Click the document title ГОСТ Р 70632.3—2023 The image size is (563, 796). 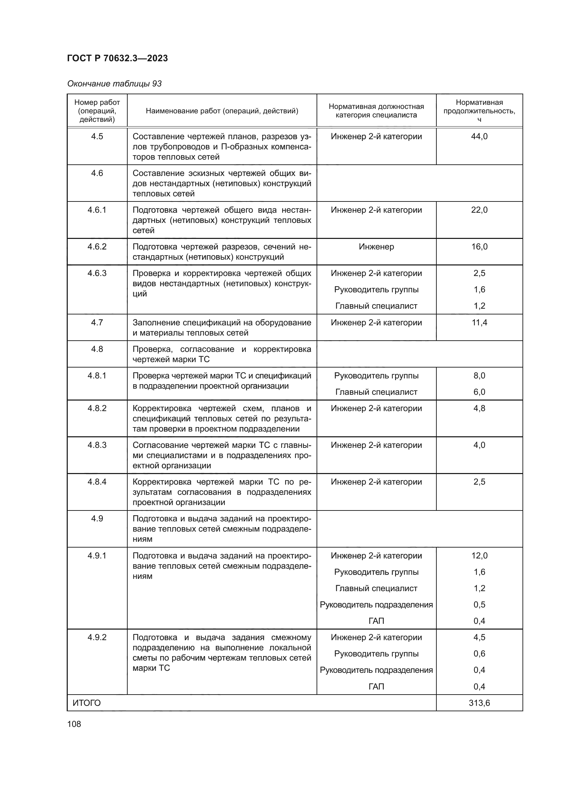click(x=117, y=58)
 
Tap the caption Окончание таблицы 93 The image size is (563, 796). click(x=114, y=84)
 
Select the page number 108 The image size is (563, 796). click(x=74, y=724)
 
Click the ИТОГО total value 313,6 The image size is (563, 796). click(x=479, y=703)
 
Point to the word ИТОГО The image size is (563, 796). click(x=87, y=703)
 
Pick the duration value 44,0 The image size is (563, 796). click(x=479, y=136)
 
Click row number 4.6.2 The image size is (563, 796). click(x=97, y=246)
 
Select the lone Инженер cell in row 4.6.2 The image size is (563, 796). click(x=376, y=246)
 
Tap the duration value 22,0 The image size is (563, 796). click(x=479, y=210)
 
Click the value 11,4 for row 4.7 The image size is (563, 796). click(x=479, y=322)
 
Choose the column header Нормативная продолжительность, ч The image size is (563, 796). click(x=479, y=111)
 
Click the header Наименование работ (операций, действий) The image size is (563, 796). click(x=222, y=111)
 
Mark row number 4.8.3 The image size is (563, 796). click(x=97, y=445)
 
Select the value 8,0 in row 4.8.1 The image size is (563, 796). click(x=479, y=375)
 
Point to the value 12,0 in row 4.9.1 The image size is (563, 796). click(x=479, y=555)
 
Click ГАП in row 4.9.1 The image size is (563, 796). click(x=376, y=621)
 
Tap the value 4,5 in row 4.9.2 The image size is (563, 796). click(x=479, y=637)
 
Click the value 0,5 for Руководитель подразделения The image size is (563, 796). click(x=479, y=604)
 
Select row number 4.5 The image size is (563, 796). click(x=97, y=136)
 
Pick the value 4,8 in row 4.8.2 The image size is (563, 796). click(x=479, y=408)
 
